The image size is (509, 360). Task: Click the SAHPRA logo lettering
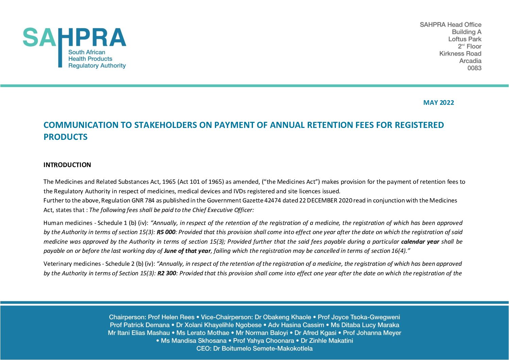(74, 37)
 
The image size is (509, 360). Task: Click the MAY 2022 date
(438, 103)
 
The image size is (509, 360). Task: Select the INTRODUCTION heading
(67, 165)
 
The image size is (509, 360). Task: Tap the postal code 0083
(474, 68)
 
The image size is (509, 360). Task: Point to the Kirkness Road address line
(460, 53)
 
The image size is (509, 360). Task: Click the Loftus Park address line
(464, 39)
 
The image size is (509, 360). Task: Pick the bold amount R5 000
(166, 232)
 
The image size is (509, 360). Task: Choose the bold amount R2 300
(167, 273)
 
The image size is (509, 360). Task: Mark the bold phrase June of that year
(187, 251)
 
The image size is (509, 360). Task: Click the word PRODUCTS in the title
(66, 137)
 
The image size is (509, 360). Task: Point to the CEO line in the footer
(254, 348)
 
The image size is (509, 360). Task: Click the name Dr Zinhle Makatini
(327, 341)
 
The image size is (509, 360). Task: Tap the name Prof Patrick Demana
(139, 325)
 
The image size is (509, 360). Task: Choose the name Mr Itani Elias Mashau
(139, 333)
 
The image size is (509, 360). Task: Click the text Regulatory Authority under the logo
(97, 66)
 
